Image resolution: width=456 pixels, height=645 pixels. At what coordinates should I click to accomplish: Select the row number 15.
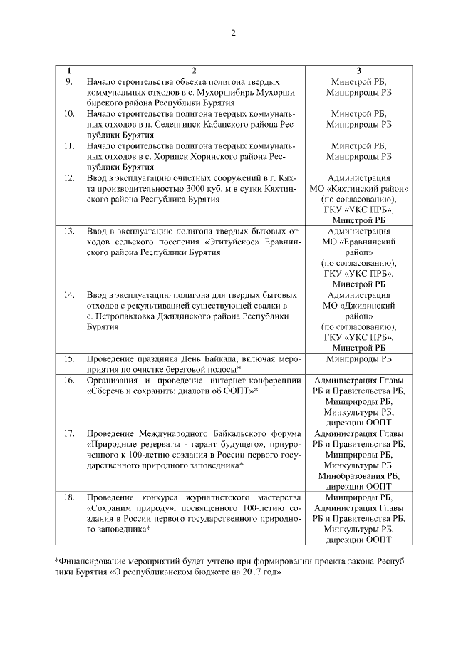click(69, 359)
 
